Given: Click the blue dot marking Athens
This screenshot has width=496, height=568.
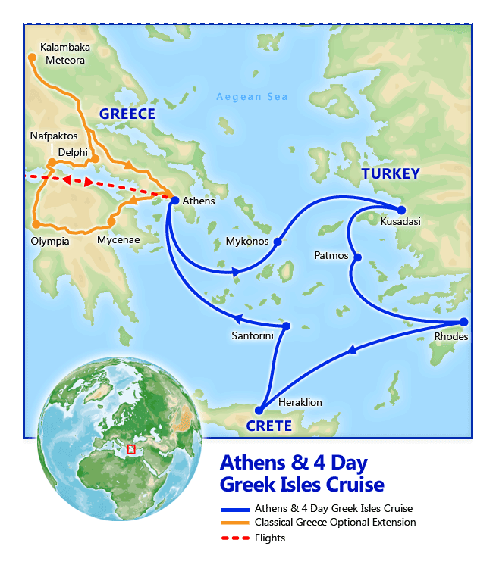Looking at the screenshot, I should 175,201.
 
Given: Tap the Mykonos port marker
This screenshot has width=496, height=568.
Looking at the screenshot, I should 277,242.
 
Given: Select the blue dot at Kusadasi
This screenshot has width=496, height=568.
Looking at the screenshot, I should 402,210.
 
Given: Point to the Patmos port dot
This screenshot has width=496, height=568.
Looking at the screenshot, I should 357,257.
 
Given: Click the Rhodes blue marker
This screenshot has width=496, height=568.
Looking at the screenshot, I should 464,322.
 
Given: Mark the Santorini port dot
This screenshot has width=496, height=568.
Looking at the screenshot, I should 287,326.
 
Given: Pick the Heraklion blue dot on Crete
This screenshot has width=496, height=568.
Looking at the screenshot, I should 259,410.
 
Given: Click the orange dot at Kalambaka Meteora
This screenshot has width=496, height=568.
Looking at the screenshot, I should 32,57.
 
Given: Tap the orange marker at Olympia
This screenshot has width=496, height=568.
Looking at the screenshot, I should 36,225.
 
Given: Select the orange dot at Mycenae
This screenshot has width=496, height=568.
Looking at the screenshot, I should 111,223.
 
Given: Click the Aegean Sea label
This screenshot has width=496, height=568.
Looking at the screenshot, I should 252,97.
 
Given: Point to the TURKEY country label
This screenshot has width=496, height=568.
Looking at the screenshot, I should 390,174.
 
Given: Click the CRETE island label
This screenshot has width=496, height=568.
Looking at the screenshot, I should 268,426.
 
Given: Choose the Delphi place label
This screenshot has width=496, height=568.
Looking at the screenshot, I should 74,152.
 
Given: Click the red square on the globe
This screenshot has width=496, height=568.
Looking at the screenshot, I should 131,449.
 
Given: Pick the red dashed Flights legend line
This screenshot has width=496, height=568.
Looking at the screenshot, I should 234,538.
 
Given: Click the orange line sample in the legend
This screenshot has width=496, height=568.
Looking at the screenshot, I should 234,523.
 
